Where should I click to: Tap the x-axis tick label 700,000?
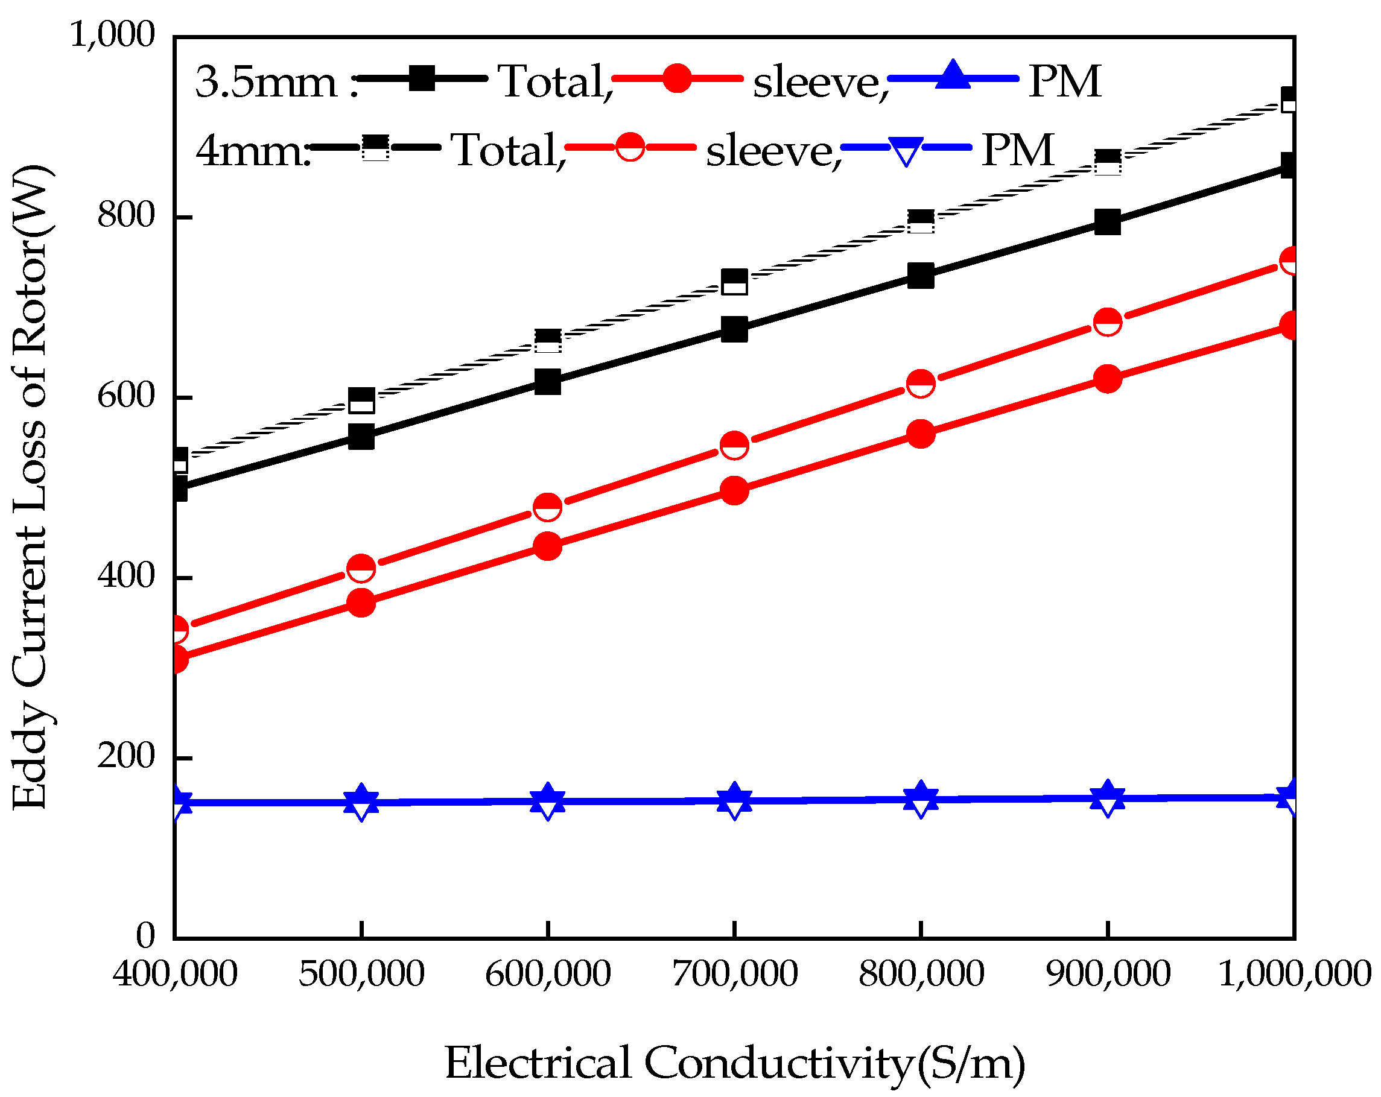click(734, 974)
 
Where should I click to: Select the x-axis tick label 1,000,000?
click(1294, 974)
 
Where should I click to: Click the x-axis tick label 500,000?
click(361, 974)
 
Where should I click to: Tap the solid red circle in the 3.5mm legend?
click(677, 78)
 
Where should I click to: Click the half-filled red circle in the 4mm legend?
click(630, 147)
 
